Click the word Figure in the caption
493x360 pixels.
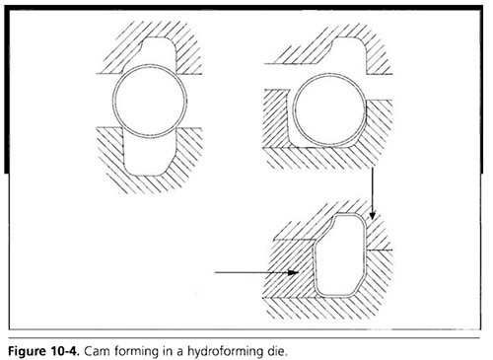tap(28, 351)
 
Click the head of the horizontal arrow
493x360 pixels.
tap(294, 272)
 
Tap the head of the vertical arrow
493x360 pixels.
tap(372, 215)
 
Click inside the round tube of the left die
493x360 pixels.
tap(150, 101)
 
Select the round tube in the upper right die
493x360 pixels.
tap(329, 74)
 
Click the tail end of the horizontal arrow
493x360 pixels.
tap(215, 272)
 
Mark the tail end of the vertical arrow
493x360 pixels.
tap(372, 169)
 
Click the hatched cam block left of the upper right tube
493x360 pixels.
tap(276, 118)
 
